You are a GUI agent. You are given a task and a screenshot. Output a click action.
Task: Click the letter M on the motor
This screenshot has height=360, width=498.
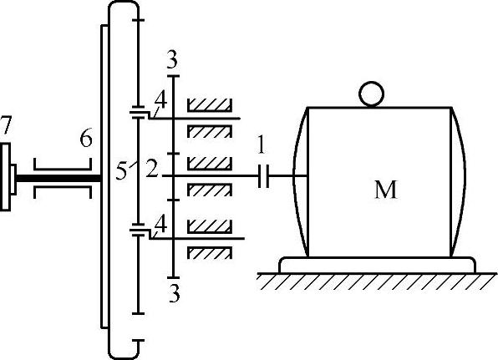386,190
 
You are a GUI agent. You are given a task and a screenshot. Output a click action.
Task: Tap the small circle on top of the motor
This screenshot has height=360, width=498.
371,94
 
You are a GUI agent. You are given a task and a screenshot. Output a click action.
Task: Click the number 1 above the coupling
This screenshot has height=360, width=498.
261,145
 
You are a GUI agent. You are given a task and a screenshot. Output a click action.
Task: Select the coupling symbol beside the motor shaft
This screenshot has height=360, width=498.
263,176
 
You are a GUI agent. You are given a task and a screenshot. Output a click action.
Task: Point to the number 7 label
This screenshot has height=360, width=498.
6,125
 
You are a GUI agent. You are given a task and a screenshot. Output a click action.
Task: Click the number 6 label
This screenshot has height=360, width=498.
86,138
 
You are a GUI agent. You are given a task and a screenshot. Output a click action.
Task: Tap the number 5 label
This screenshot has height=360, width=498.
121,171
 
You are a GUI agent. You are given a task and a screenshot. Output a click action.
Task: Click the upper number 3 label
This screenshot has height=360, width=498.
172,59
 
